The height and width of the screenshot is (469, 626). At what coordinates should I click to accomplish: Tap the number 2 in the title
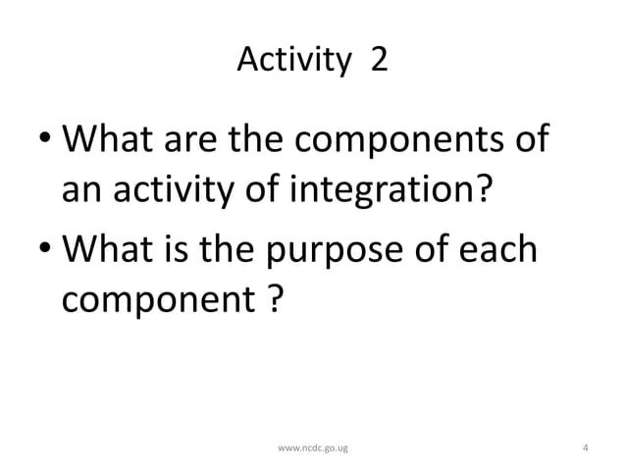378,62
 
